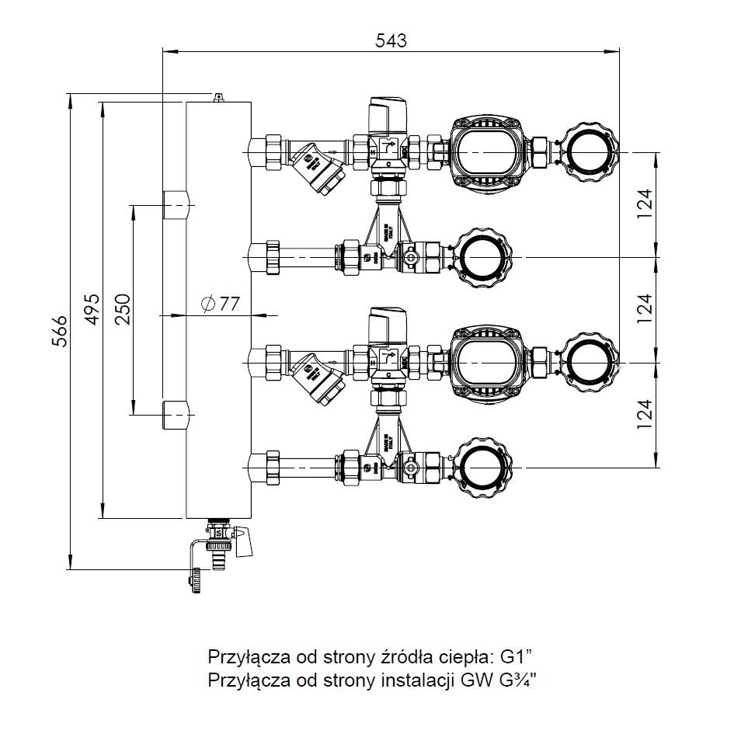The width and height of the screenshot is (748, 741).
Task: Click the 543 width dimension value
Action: click(x=390, y=40)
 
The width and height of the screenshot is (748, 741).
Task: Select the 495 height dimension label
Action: click(x=92, y=309)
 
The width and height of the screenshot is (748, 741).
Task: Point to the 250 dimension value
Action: click(x=124, y=309)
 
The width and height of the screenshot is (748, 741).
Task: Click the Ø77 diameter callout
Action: click(x=220, y=304)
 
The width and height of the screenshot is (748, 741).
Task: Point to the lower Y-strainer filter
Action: click(x=320, y=379)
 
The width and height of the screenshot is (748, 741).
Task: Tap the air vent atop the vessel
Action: click(x=218, y=96)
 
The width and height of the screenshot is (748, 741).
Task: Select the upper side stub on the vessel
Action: click(x=176, y=204)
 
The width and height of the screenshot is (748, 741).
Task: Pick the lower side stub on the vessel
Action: click(x=176, y=415)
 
